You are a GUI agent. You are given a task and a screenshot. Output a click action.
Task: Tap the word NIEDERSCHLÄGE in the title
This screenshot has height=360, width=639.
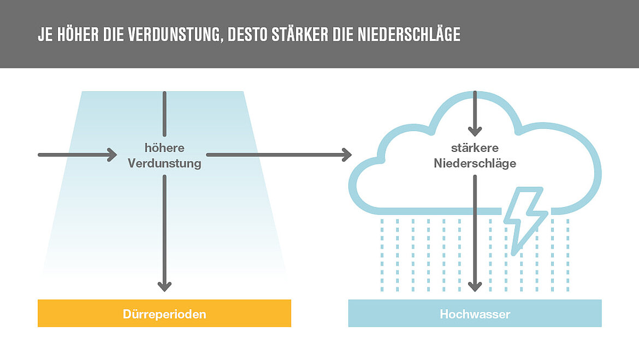pyautogui.click(x=409, y=34)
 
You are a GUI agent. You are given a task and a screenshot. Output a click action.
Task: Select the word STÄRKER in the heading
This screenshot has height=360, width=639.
pyautogui.click(x=299, y=34)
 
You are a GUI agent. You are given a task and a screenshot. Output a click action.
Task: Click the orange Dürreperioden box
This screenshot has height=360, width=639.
pyautogui.click(x=164, y=314)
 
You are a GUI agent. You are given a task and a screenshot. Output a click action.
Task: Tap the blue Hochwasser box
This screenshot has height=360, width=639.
pyautogui.click(x=475, y=314)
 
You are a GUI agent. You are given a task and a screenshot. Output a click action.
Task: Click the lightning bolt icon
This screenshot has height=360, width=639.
pyautogui.click(x=524, y=216)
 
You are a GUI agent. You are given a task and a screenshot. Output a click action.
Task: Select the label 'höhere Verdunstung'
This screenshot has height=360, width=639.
pyautogui.click(x=164, y=156)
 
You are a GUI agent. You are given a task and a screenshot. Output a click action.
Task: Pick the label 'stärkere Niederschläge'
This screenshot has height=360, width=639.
pyautogui.click(x=475, y=156)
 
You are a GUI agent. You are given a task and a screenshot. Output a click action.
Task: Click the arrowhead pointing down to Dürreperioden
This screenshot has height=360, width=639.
pyautogui.click(x=164, y=286)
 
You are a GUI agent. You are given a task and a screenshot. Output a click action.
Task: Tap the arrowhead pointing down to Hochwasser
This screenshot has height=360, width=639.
pyautogui.click(x=475, y=286)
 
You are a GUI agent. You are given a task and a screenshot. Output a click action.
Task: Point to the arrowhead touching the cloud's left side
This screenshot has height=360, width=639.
pyautogui.click(x=346, y=155)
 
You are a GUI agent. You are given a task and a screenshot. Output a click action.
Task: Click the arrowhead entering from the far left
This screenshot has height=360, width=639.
pyautogui.click(x=111, y=155)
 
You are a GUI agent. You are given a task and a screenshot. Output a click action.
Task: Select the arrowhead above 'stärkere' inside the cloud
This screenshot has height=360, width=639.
pyautogui.click(x=475, y=131)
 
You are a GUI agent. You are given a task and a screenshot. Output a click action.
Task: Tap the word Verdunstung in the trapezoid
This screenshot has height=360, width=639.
pyautogui.click(x=164, y=163)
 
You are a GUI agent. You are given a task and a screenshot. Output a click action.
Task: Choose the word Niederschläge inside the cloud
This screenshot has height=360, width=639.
pyautogui.click(x=475, y=163)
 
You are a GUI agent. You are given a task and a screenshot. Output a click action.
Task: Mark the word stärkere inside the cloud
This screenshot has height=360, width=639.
pyautogui.click(x=475, y=148)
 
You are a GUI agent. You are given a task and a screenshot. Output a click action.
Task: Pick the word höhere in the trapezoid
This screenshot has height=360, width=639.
pyautogui.click(x=164, y=148)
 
